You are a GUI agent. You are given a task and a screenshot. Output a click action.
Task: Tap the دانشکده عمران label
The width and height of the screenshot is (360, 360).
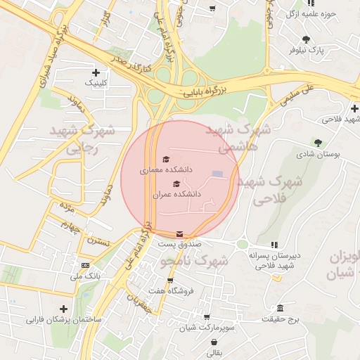click(x=182, y=193)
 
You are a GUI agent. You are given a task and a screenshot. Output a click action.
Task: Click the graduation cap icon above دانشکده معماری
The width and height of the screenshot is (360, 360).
click(x=166, y=159)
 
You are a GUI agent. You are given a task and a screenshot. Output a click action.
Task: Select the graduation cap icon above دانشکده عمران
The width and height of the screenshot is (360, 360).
click(x=176, y=184)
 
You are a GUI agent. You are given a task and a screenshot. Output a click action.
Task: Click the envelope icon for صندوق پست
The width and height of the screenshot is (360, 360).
click(x=180, y=233)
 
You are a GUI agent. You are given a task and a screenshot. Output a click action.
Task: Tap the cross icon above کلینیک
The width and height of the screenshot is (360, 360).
click(x=96, y=72)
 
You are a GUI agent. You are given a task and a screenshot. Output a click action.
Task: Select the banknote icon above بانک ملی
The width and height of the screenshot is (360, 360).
click(x=85, y=265)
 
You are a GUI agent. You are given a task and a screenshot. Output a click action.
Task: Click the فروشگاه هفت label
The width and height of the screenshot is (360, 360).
click(x=167, y=290)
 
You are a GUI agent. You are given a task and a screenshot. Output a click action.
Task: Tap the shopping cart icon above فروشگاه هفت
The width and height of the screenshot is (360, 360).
click(x=170, y=281)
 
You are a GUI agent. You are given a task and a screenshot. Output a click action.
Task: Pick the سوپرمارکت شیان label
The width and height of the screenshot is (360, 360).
click(x=206, y=328)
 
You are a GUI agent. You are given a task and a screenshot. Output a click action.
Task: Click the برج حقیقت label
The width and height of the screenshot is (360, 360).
click(x=281, y=319)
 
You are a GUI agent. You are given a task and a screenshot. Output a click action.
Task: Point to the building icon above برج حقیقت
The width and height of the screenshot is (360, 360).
click(x=281, y=309)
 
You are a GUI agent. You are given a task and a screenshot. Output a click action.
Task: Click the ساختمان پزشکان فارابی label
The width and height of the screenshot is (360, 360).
click(x=64, y=319)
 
